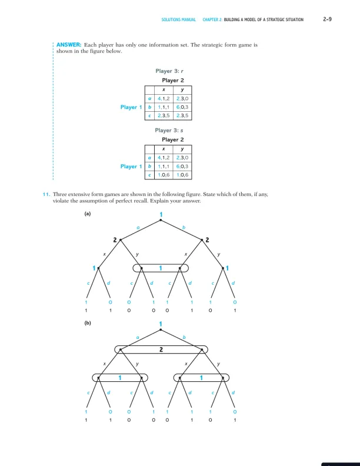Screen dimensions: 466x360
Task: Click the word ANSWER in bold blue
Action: click(68, 45)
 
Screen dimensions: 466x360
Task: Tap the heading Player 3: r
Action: click(169, 71)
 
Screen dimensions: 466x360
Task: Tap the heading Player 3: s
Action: click(169, 130)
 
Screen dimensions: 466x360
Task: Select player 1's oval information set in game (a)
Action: click(161, 268)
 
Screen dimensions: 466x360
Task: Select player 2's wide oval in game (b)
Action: click(161, 349)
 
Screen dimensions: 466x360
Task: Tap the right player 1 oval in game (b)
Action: click(201, 377)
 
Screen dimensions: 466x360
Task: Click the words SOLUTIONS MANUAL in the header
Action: click(178, 20)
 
